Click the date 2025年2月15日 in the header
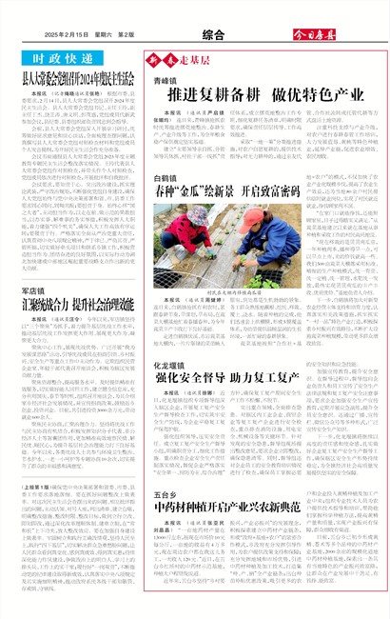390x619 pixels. point(74,36)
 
